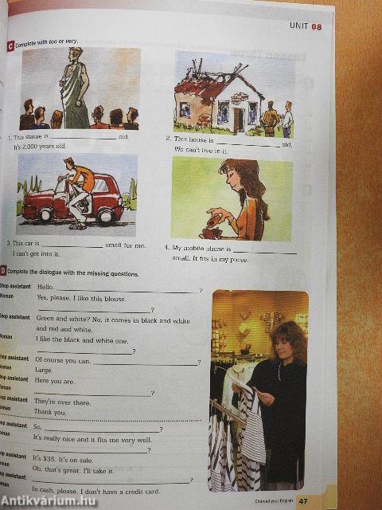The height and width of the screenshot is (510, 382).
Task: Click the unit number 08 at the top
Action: click(x=317, y=27)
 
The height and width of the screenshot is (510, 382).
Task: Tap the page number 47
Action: click(x=303, y=501)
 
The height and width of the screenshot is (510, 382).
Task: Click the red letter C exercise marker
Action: click(x=10, y=44)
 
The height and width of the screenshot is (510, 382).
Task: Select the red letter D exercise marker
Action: click(x=3, y=273)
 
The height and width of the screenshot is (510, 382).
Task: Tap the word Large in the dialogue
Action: click(x=44, y=371)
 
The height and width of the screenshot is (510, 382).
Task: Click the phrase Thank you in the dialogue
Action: click(x=49, y=412)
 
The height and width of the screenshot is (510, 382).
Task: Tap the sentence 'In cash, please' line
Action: click(x=95, y=491)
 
